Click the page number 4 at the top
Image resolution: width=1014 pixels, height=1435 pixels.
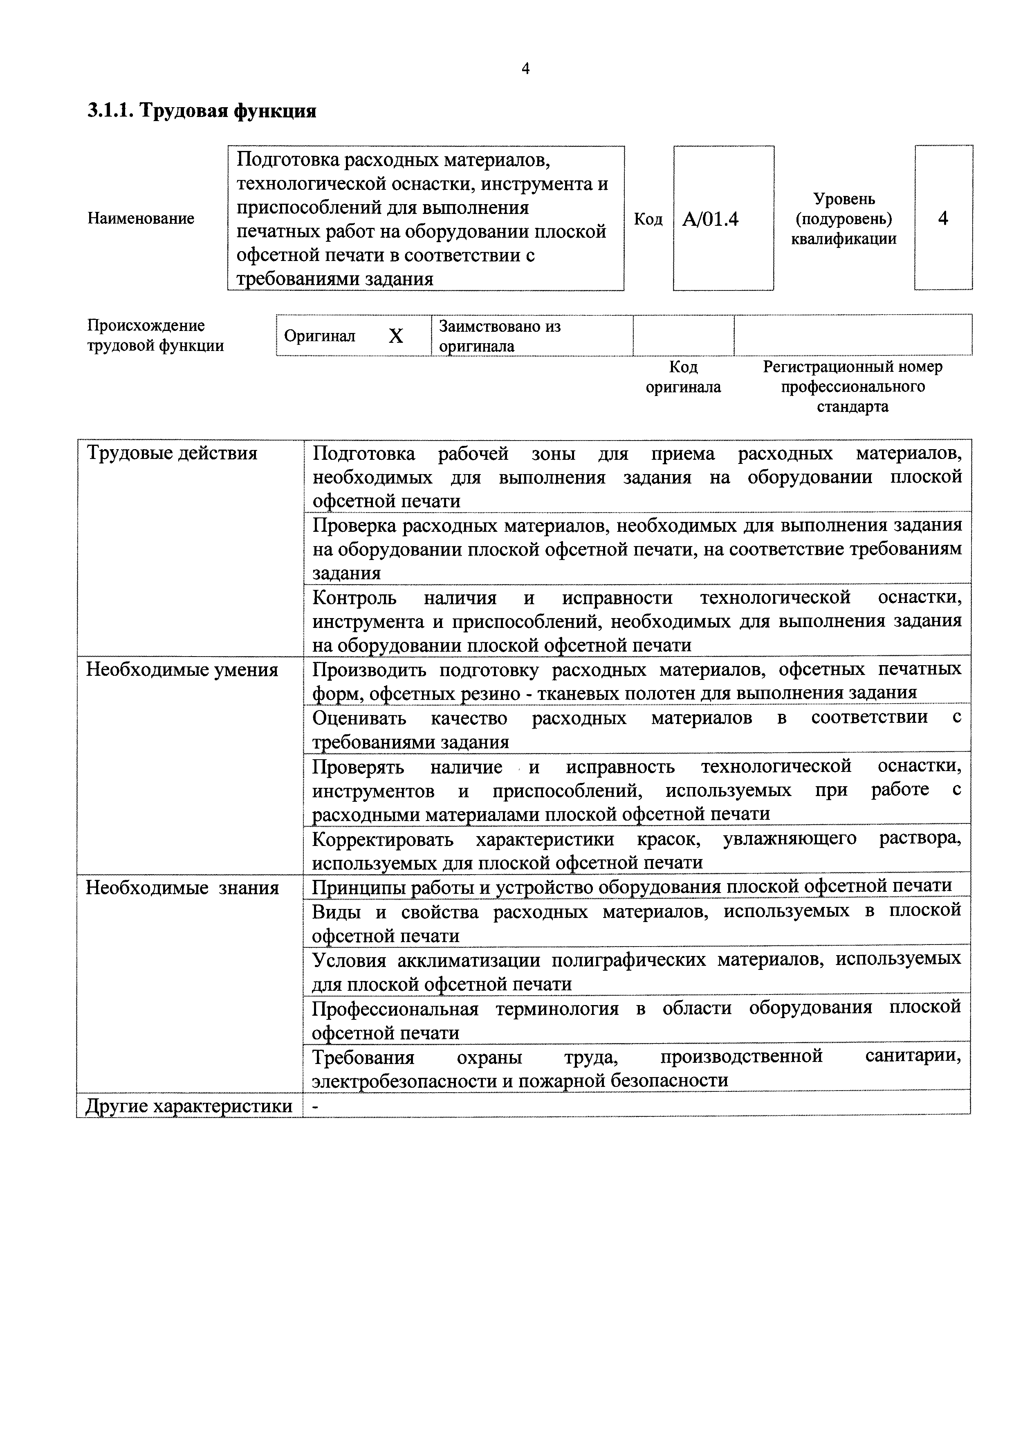(525, 69)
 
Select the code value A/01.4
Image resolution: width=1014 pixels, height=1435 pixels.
(710, 219)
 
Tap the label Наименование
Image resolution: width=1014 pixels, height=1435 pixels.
(141, 218)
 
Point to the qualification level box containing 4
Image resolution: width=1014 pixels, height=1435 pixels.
(943, 218)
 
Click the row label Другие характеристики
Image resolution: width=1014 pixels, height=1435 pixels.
(188, 1106)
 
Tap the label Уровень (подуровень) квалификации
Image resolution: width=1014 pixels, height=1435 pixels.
(844, 219)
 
